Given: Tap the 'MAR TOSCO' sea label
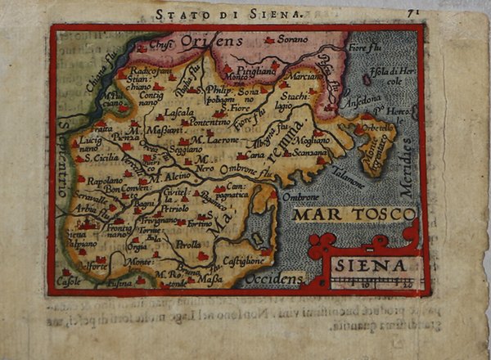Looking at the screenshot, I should (x=354, y=215).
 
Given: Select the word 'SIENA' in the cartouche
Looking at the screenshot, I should (x=373, y=266).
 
